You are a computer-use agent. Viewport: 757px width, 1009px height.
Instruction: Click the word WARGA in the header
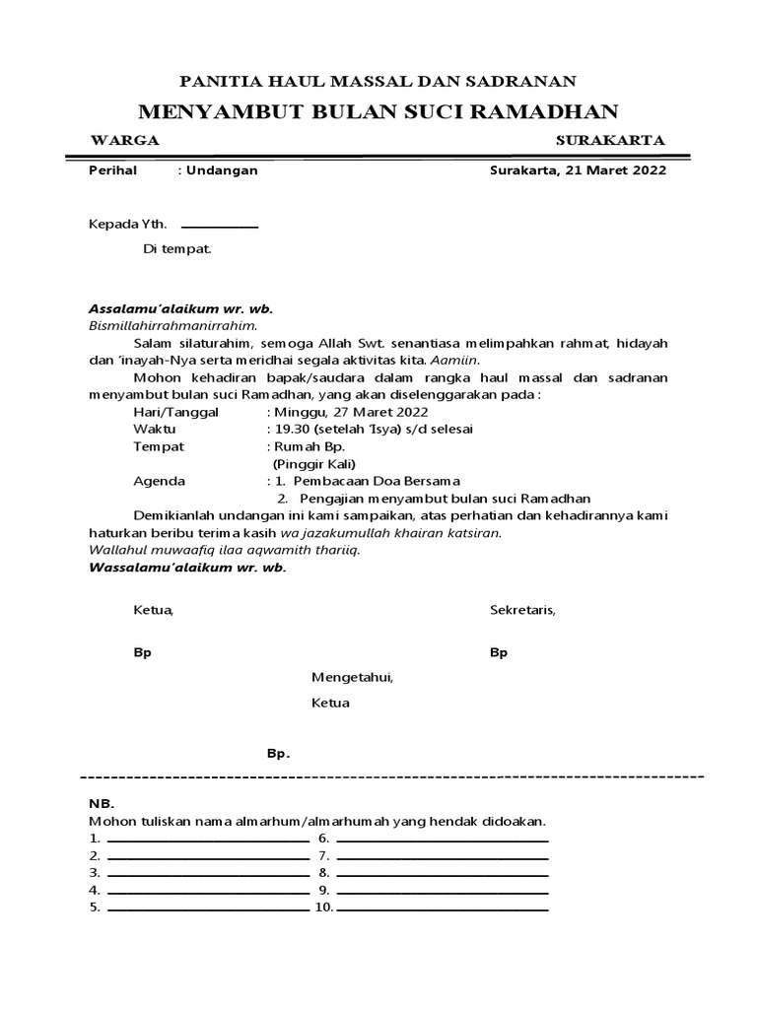pos(124,141)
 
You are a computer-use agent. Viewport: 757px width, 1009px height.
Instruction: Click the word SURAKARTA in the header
pos(610,141)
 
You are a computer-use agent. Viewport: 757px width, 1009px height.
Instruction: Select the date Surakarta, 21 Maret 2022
pos(578,170)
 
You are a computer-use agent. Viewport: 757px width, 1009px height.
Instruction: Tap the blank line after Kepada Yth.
pos(219,227)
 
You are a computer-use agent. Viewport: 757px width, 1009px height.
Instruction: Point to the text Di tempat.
pos(177,249)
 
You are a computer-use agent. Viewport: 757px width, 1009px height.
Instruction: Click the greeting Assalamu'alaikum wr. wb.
pos(180,308)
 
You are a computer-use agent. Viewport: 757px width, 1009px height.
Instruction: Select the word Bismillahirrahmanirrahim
pos(172,325)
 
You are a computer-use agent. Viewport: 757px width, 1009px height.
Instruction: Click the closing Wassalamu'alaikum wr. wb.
pos(187,569)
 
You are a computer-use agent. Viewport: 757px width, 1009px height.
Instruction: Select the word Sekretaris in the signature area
pos(522,610)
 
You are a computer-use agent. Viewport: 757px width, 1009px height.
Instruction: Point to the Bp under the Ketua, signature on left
pos(142,653)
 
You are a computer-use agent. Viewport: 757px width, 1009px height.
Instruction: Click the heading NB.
pos(103,803)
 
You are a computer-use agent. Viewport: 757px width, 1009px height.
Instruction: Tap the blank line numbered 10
pos(442,908)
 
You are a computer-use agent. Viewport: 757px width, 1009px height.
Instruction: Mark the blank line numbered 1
pos(207,841)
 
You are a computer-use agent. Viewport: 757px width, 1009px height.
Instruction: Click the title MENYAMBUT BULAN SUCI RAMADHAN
pos(378,110)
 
